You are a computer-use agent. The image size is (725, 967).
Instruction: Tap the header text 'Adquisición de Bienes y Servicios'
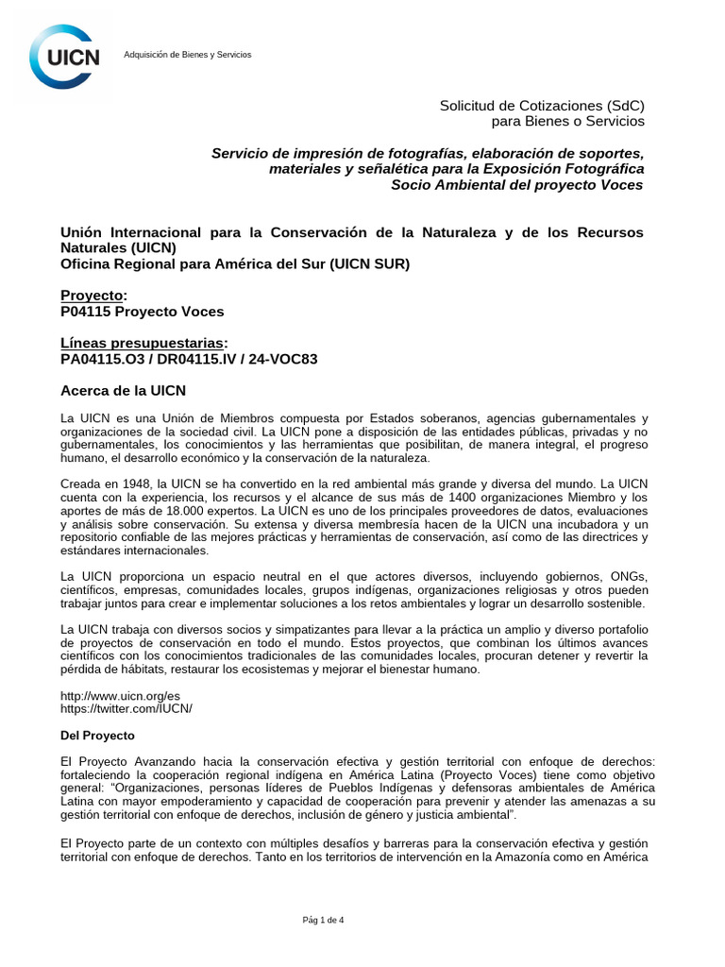[x=188, y=55]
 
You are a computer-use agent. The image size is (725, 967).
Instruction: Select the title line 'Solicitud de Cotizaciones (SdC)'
[x=542, y=105]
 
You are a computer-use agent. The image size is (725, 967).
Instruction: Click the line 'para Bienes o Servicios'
[x=568, y=121]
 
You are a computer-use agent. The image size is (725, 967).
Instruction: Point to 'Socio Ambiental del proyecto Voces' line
[x=517, y=184]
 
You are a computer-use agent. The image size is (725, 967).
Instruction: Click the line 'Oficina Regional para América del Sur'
[x=235, y=263]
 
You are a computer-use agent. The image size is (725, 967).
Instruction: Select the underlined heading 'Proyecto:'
[x=93, y=296]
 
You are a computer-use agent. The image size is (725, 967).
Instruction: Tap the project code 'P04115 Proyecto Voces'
[x=143, y=311]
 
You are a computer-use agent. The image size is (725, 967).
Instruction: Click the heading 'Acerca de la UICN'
[x=123, y=390]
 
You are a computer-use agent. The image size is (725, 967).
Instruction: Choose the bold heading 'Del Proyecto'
[x=98, y=735]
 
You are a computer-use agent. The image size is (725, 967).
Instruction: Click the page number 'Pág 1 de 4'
[x=323, y=920]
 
